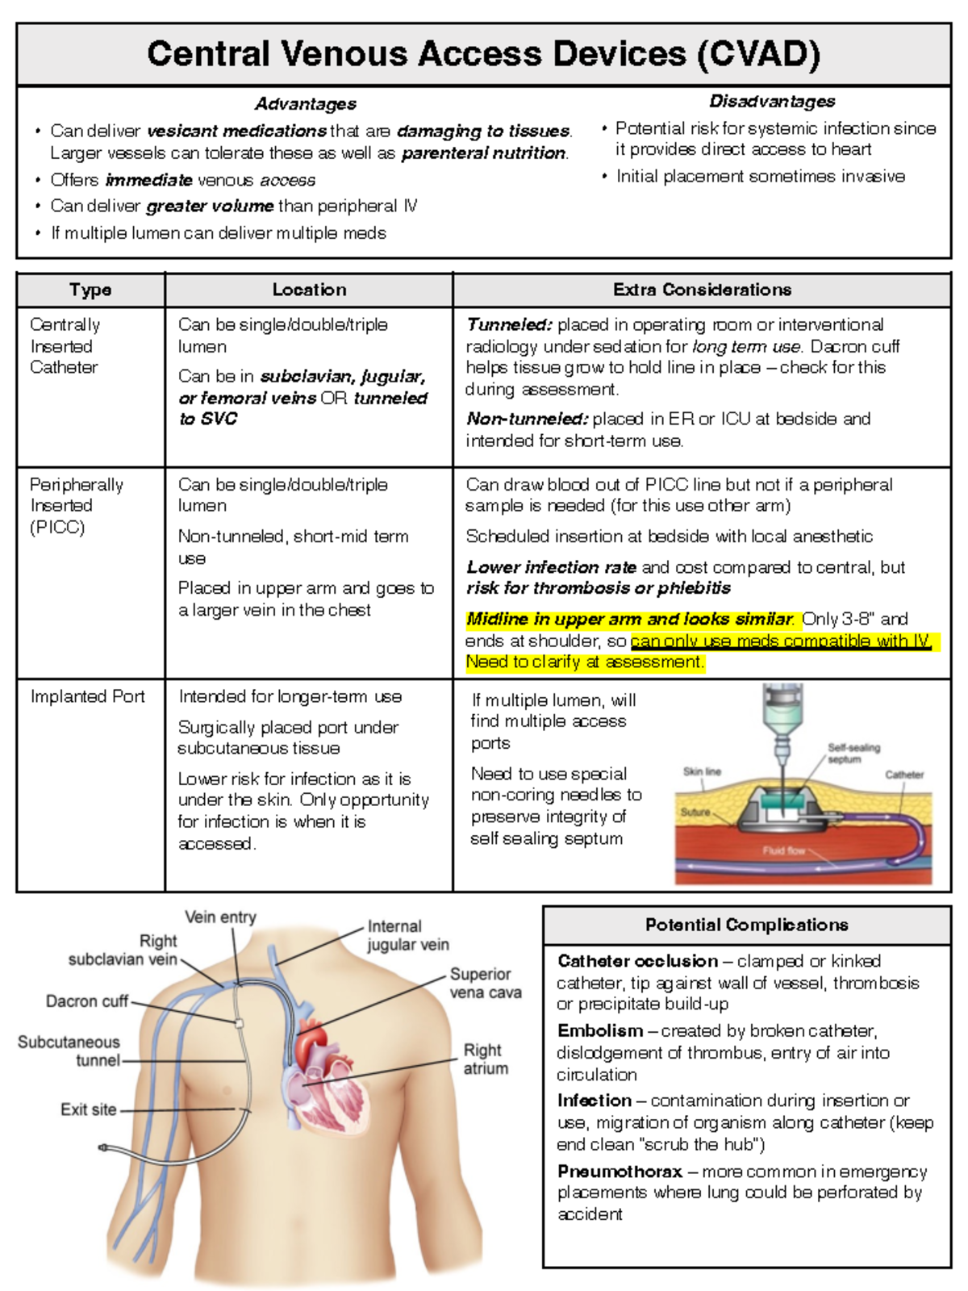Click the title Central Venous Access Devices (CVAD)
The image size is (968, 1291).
tap(483, 54)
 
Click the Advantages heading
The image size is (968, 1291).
tap(305, 104)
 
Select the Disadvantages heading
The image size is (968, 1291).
tap(772, 102)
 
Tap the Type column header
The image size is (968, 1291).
tap(90, 290)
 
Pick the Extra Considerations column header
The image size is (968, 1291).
tap(702, 290)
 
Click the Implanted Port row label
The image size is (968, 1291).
tap(87, 696)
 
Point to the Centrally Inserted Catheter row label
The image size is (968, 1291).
tap(65, 346)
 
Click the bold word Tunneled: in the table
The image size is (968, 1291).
tap(509, 324)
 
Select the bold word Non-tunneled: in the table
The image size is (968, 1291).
tap(528, 419)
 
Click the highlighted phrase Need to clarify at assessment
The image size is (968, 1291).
tap(585, 662)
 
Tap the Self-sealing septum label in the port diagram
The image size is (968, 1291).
tap(853, 753)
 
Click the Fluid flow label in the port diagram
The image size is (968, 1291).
tap(783, 850)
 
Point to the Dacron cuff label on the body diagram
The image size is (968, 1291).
tap(87, 1001)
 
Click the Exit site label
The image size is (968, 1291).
tap(89, 1109)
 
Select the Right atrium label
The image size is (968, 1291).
tap(485, 1059)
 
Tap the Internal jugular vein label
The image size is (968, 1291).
tap(407, 935)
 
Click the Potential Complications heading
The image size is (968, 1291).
tap(746, 925)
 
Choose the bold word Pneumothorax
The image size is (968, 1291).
tap(620, 1171)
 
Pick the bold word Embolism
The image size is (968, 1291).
tap(599, 1030)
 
